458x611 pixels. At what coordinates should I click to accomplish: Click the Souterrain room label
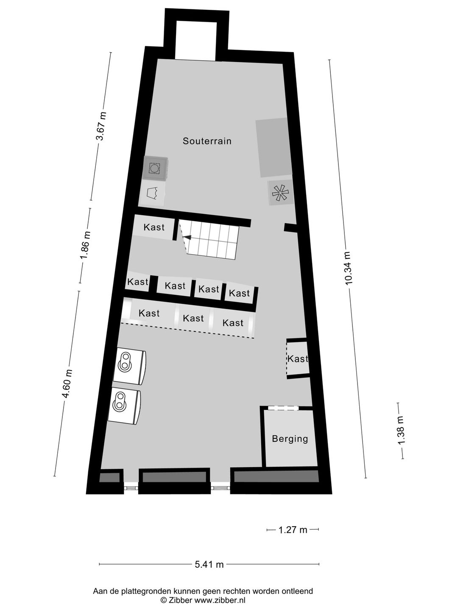click(207, 141)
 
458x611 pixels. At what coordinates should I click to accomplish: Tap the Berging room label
click(290, 439)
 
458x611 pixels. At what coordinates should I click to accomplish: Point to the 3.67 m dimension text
click(101, 126)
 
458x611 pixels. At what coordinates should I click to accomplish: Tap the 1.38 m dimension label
click(401, 430)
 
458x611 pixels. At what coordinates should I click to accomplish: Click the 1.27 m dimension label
click(293, 530)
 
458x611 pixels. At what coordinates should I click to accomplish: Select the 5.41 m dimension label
click(209, 564)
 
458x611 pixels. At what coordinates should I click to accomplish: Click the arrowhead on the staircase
click(187, 238)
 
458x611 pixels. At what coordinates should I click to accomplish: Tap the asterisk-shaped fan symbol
click(280, 193)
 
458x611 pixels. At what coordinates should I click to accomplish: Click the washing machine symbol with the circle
click(154, 168)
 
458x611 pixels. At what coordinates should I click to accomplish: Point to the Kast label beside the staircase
click(154, 227)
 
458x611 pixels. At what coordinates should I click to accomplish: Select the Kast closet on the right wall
click(297, 359)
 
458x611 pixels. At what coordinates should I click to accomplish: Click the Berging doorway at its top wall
click(283, 408)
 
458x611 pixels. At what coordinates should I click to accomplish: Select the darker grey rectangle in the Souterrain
click(274, 148)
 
